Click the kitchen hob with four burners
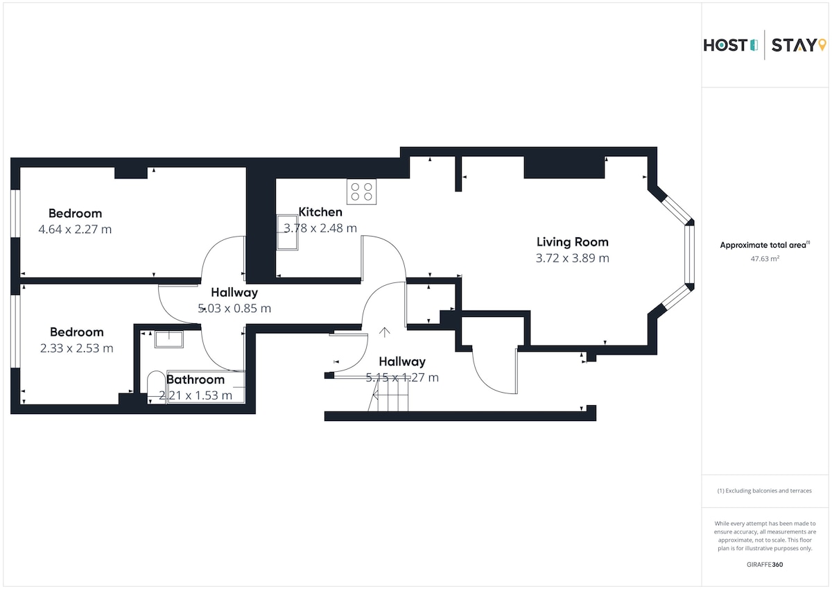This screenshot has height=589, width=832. tap(361, 191)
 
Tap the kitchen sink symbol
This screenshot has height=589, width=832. tap(287, 232)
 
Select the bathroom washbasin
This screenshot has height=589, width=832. tap(169, 339)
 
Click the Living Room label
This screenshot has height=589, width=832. tap(573, 242)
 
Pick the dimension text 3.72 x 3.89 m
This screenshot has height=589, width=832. tap(573, 258)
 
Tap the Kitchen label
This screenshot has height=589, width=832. tap(320, 212)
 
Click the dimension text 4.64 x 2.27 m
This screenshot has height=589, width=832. tap(75, 229)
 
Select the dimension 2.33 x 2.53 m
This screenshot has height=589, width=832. tap(76, 348)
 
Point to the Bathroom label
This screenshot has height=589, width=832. tap(196, 379)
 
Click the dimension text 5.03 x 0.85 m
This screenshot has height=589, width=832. tap(234, 308)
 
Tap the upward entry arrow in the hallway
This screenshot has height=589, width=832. tap(384, 332)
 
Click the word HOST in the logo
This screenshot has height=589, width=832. tap(725, 45)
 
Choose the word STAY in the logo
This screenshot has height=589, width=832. tap(794, 45)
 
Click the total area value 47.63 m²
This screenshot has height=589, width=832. tap(765, 259)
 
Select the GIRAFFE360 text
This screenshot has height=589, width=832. tap(765, 565)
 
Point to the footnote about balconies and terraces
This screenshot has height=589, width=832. tap(764, 490)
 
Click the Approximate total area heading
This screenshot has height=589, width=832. tap(765, 245)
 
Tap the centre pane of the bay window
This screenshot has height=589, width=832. tap(689, 254)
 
